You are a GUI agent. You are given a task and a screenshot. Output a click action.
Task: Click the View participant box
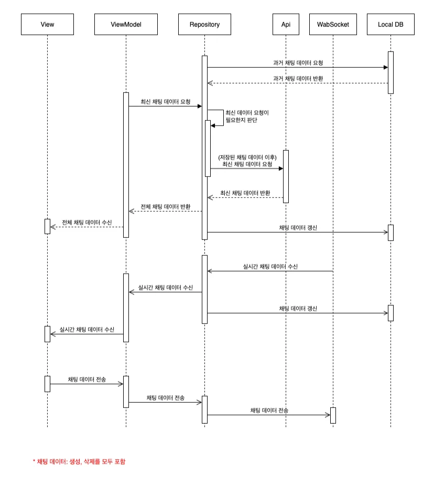[47, 24]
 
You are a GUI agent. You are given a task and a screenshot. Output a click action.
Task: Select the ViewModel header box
[126, 24]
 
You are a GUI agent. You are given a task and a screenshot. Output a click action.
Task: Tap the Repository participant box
[204, 24]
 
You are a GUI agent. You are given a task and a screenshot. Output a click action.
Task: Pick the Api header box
[286, 24]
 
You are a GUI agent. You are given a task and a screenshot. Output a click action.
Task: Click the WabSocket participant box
[333, 24]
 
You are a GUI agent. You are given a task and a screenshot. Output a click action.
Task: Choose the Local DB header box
[390, 24]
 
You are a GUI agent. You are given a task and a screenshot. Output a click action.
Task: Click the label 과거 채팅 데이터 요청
[298, 62]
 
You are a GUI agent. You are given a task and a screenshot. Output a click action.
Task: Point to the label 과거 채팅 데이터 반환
[298, 78]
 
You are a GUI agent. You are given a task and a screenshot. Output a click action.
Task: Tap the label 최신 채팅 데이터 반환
[245, 193]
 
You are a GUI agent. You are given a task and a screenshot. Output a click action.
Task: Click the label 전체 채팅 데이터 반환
[165, 206]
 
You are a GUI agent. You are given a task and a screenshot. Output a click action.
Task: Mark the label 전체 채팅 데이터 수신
[86, 222]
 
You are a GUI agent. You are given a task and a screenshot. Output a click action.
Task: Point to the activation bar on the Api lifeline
[286, 176]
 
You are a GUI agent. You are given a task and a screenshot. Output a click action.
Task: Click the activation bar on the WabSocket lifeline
[333, 415]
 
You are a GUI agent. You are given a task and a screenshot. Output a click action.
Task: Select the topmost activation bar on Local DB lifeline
[390, 72]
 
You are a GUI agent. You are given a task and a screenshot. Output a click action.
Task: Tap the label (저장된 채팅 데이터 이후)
[247, 157]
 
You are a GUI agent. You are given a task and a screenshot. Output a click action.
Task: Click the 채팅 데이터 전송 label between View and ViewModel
[86, 379]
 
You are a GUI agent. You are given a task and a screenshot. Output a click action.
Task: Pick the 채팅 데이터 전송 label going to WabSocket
[269, 410]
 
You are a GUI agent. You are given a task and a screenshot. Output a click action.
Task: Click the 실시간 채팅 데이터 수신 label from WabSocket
[270, 266]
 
